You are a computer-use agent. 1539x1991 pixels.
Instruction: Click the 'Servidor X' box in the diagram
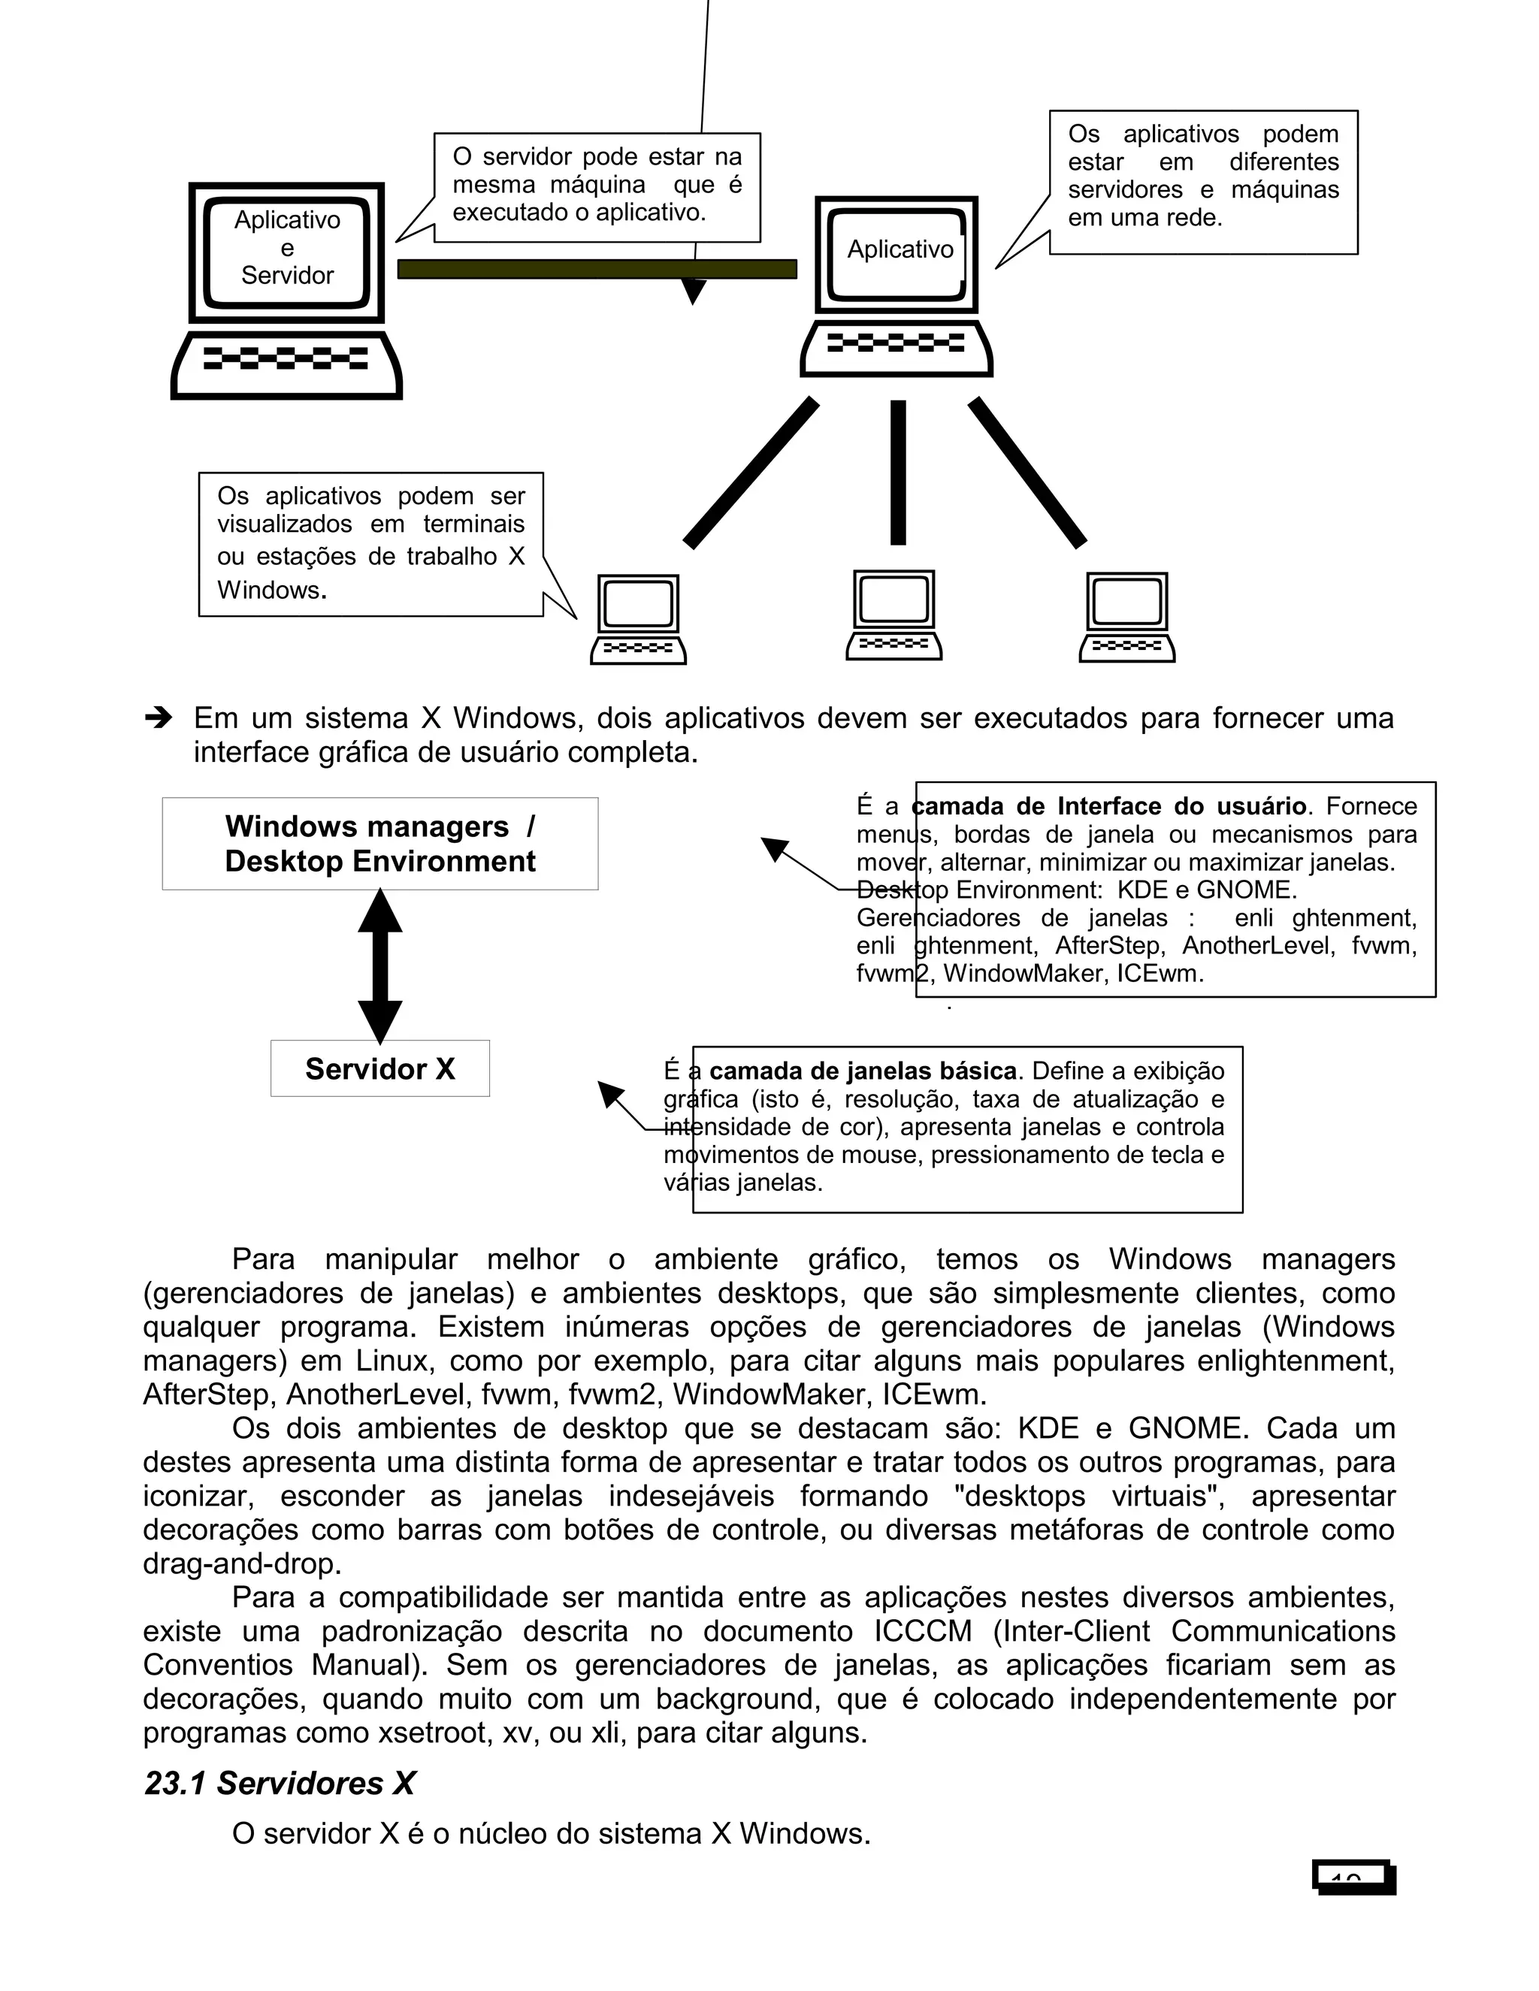(x=379, y=1068)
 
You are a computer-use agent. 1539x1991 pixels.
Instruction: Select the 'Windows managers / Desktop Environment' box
(x=379, y=843)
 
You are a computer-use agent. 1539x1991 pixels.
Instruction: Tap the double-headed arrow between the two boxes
(x=379, y=966)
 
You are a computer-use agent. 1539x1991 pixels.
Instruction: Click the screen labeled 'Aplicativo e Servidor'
(x=286, y=248)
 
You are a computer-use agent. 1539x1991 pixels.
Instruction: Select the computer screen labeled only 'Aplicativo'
(x=898, y=251)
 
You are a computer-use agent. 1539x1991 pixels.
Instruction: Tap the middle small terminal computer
(x=893, y=615)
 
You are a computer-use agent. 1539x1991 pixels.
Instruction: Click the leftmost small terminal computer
(x=638, y=618)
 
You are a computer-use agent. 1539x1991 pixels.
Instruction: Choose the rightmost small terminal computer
(x=1127, y=616)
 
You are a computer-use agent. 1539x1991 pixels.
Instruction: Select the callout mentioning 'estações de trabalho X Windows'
(x=370, y=543)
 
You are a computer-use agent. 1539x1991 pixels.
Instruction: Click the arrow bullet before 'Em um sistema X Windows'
(x=159, y=718)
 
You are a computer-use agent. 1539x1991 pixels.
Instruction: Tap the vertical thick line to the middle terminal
(x=898, y=473)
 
